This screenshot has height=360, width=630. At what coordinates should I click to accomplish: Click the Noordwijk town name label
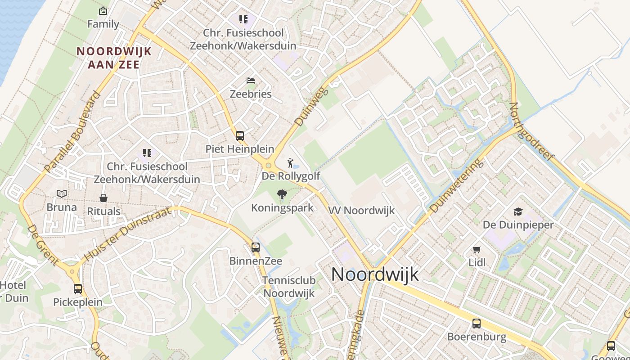375,274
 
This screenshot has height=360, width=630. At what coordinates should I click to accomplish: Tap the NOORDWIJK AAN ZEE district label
114,58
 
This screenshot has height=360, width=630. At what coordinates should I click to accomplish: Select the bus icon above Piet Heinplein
240,135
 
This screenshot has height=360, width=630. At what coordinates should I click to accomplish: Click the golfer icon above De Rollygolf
291,162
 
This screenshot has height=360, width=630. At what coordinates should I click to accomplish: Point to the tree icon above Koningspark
282,194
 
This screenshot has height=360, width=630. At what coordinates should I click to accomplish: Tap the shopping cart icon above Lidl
477,249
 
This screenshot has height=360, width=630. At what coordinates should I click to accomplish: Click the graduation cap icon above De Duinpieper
518,211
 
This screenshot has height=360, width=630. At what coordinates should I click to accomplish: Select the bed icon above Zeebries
251,81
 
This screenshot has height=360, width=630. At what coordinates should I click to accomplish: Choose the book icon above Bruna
62,194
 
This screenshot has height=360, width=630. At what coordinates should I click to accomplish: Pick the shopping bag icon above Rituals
103,198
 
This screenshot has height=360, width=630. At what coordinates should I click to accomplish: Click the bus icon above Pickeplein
78,289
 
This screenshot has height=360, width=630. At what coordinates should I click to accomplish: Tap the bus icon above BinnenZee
256,247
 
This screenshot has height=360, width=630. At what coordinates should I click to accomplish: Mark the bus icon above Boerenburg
477,323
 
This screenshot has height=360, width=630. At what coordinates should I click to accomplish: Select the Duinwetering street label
456,185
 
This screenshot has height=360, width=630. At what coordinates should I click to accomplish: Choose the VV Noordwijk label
361,210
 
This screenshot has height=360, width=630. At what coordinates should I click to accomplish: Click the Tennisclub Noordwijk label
289,287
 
